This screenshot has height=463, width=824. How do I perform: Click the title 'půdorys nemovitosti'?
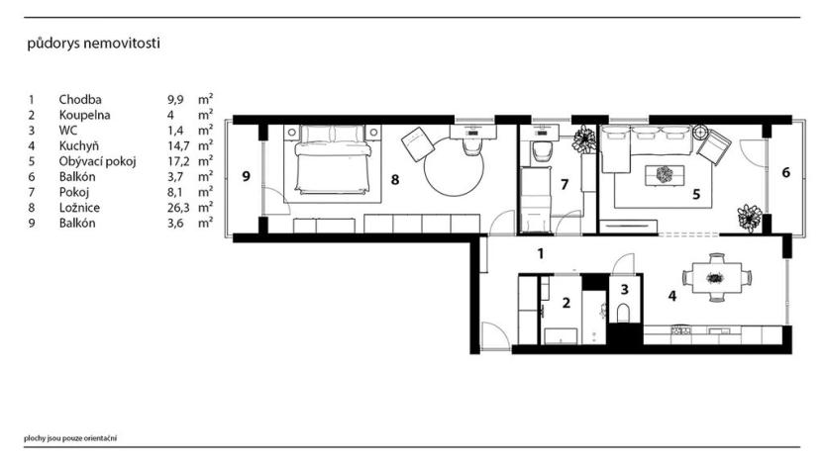tap(95, 44)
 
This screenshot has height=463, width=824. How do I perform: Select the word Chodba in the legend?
tap(80, 99)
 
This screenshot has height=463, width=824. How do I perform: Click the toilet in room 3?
tap(623, 313)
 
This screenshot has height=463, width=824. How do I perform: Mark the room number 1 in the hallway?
tap(540, 253)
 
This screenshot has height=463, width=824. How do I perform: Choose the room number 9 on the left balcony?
tap(247, 178)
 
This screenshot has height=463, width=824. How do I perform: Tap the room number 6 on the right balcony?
tap(785, 173)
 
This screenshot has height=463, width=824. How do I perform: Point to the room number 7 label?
tap(564, 184)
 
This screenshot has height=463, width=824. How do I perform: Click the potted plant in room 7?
tap(583, 139)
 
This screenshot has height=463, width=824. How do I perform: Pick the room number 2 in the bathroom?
tap(566, 305)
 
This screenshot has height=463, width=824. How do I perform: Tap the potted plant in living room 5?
tap(749, 215)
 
